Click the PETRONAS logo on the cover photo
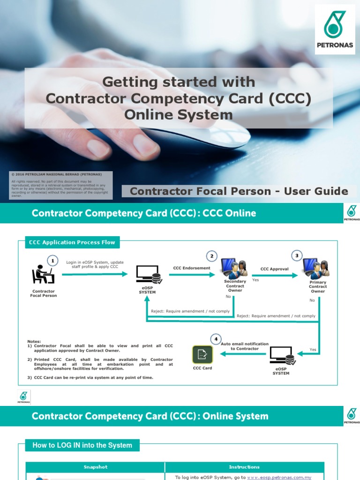click(335, 29)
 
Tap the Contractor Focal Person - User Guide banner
click(239, 191)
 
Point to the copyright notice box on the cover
click(61, 185)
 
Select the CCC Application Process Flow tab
click(72, 242)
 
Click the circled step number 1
click(53, 260)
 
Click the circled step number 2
click(212, 256)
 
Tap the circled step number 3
click(296, 255)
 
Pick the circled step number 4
click(216, 339)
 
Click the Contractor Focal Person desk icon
click(43, 275)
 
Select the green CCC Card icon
click(202, 355)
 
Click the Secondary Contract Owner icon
click(234, 268)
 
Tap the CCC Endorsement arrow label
click(192, 268)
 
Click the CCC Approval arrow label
click(274, 269)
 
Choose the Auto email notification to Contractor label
click(245, 346)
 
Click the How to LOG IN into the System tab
click(82, 445)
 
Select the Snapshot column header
click(95, 467)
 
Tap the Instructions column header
click(244, 467)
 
